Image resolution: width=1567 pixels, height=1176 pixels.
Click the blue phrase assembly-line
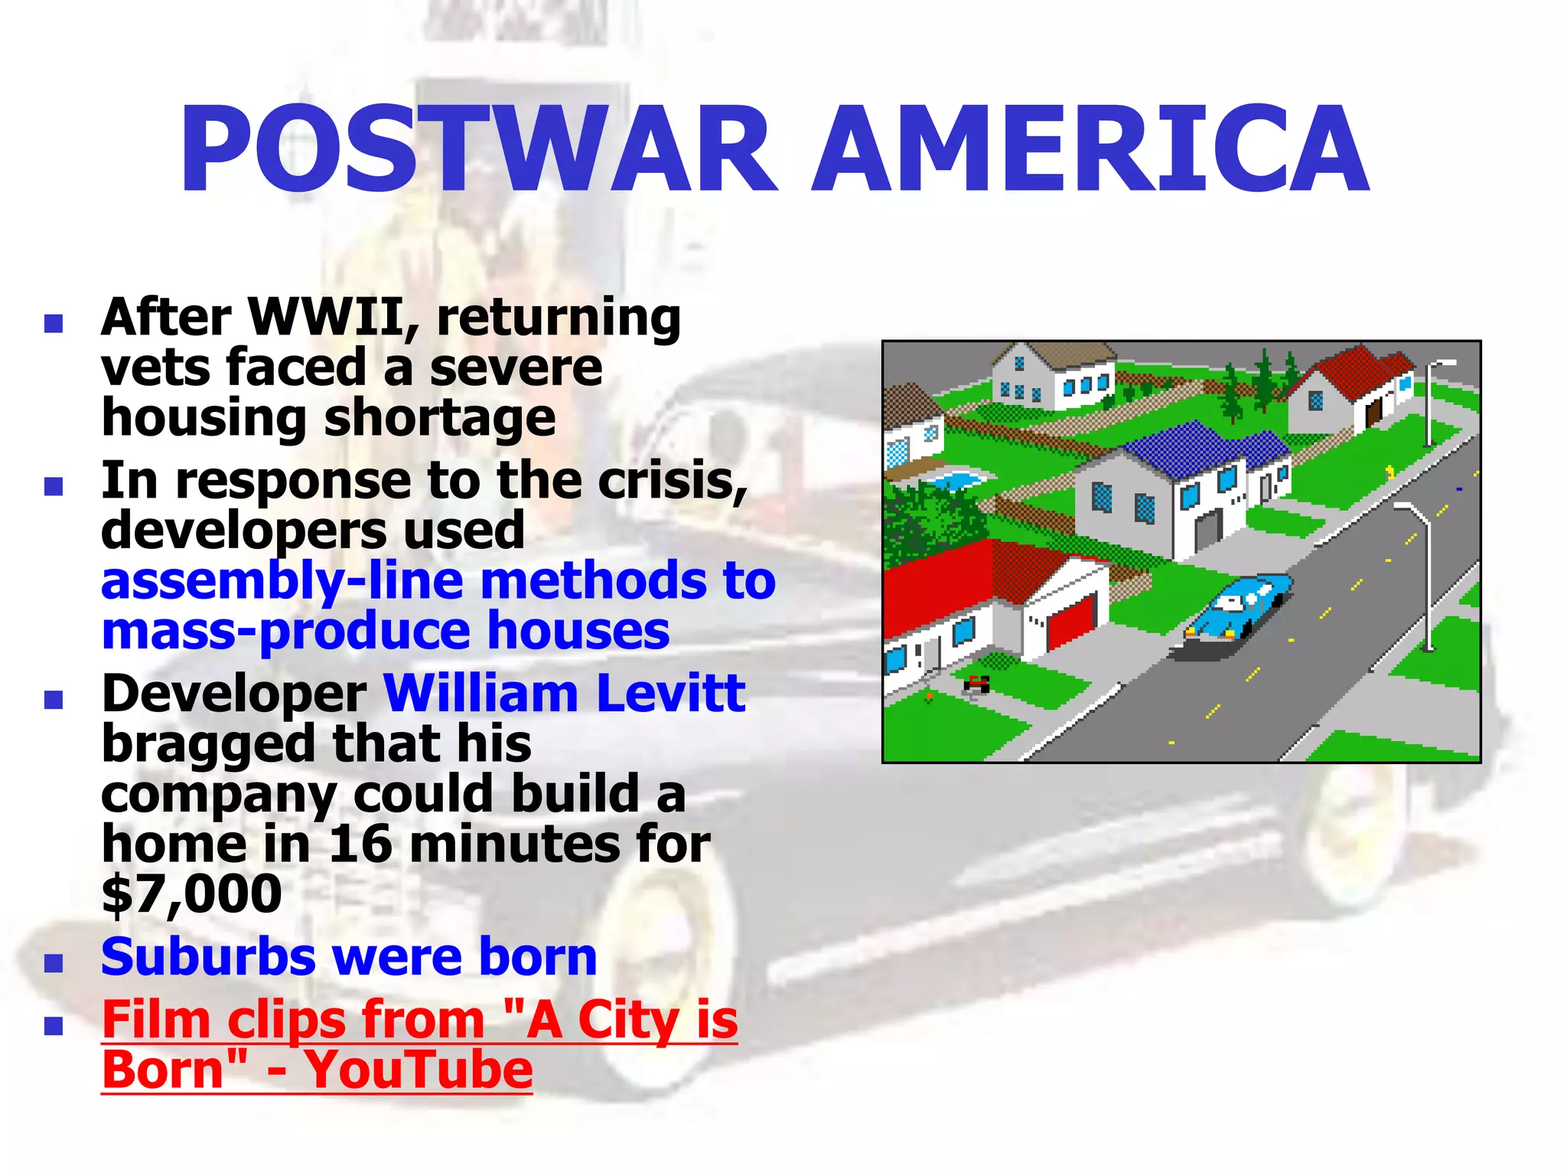click(x=282, y=582)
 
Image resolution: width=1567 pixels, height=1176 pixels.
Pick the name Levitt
click(x=670, y=694)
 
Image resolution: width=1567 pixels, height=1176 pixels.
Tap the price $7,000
click(x=191, y=894)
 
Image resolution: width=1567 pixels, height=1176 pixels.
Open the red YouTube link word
click(x=419, y=1070)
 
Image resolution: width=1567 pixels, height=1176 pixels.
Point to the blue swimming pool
click(x=953, y=481)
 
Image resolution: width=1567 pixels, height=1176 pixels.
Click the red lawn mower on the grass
click(x=976, y=684)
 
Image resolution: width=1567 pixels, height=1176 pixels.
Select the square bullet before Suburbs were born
click(x=54, y=962)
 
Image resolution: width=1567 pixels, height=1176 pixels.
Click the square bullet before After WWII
click(x=54, y=323)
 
